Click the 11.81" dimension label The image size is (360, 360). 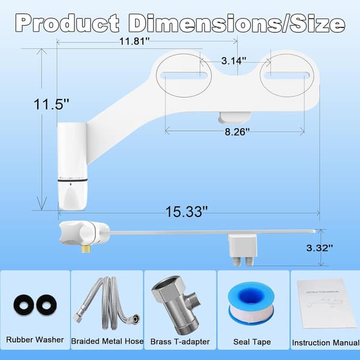click(x=134, y=41)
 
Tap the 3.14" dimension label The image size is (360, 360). click(x=234, y=61)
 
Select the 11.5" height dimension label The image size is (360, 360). click(x=51, y=104)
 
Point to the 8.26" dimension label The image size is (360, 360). click(x=237, y=132)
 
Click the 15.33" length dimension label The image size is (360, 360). click(x=187, y=211)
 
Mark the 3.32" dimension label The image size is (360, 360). click(x=319, y=248)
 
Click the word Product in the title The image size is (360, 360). click(x=67, y=23)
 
